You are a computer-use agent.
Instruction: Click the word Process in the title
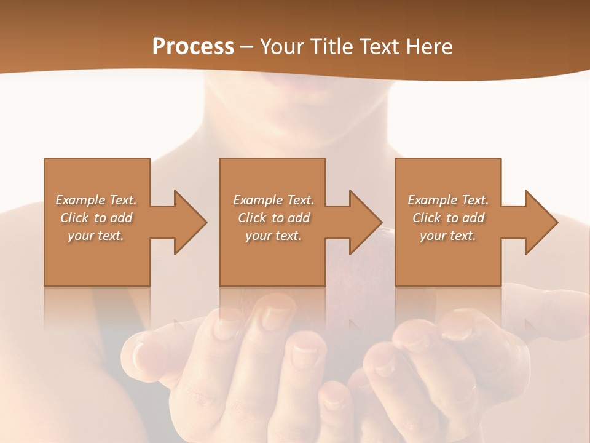(x=193, y=47)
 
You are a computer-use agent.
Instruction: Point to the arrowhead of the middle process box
(x=365, y=222)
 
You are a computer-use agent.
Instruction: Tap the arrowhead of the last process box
(x=541, y=222)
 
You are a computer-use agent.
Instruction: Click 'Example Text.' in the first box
(x=96, y=200)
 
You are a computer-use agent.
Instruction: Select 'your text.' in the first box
(x=96, y=236)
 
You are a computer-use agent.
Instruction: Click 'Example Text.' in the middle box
(x=273, y=200)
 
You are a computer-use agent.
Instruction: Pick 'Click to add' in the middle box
(x=273, y=218)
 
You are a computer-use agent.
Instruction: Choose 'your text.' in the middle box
(x=273, y=236)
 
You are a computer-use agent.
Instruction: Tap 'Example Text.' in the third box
(x=448, y=200)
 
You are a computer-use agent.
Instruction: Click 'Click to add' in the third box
(x=448, y=218)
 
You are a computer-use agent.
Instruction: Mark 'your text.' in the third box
(x=448, y=236)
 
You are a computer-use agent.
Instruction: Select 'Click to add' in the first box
(x=96, y=218)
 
